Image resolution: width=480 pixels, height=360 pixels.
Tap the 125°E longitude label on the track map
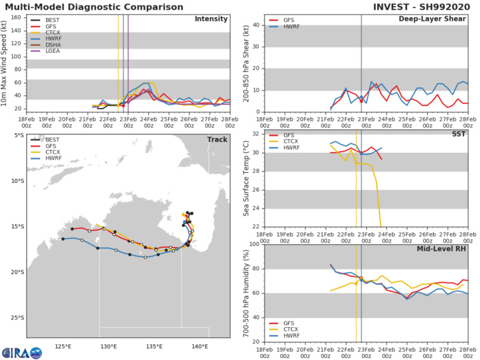64,346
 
